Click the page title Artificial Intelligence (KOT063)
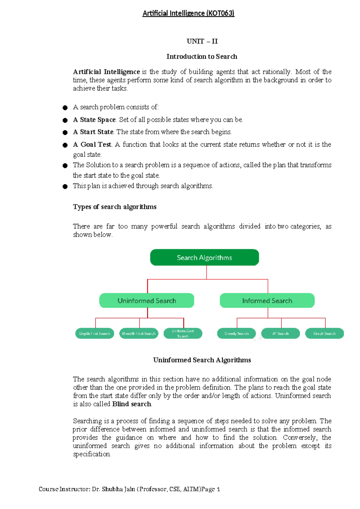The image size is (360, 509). (188, 13)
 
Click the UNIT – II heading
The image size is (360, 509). (202, 41)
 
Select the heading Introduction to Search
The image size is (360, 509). (202, 56)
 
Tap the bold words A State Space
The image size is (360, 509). (94, 120)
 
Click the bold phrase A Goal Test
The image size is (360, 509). (92, 145)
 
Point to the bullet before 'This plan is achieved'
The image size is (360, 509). (65, 187)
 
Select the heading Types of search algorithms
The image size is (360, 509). (115, 207)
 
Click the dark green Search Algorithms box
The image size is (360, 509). (204, 258)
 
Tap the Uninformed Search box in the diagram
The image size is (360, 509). (147, 300)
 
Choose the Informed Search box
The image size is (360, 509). (267, 300)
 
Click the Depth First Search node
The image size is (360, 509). (94, 333)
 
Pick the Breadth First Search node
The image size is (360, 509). (139, 333)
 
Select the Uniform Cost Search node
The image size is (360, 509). (183, 333)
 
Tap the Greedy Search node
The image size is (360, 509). (236, 333)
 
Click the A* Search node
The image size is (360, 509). (280, 333)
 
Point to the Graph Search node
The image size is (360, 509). (324, 333)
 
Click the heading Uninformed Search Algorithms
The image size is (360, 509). (202, 360)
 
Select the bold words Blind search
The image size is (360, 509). (132, 404)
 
